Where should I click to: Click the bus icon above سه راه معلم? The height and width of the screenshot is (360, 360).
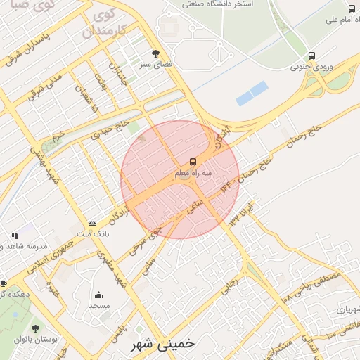click(x=194, y=162)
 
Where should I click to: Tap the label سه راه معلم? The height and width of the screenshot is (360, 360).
click(x=194, y=173)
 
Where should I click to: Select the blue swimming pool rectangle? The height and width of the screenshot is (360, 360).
click(x=252, y=94)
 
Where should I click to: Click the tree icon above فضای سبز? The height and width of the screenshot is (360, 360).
click(x=155, y=53)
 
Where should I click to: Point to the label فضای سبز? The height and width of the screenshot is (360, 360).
click(x=155, y=64)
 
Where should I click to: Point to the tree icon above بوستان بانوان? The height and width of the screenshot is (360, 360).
click(x=36, y=328)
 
